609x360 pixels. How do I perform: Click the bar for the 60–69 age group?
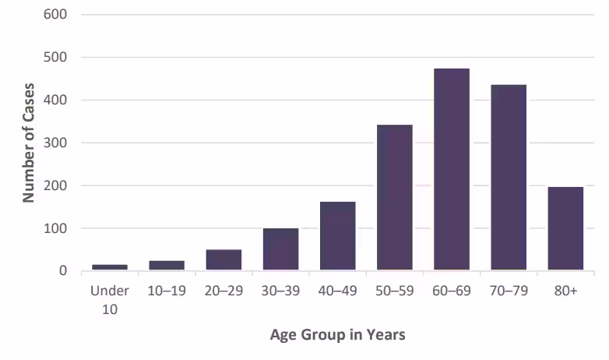click(452, 170)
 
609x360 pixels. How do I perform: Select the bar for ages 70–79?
click(509, 178)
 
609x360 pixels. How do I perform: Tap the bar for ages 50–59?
click(394, 198)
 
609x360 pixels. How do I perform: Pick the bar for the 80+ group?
click(565, 229)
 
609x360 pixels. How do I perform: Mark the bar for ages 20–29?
click(224, 260)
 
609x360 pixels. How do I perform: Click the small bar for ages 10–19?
click(167, 266)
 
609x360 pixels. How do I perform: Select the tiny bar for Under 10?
click(110, 267)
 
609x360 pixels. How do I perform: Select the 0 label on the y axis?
click(63, 271)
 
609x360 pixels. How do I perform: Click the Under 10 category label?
click(110, 298)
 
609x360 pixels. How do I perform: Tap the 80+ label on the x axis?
click(565, 291)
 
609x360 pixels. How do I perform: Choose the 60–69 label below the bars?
click(452, 291)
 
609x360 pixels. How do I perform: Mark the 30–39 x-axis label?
click(280, 291)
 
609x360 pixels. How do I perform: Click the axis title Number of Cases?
click(29, 142)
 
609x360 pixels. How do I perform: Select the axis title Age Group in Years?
click(337, 335)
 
